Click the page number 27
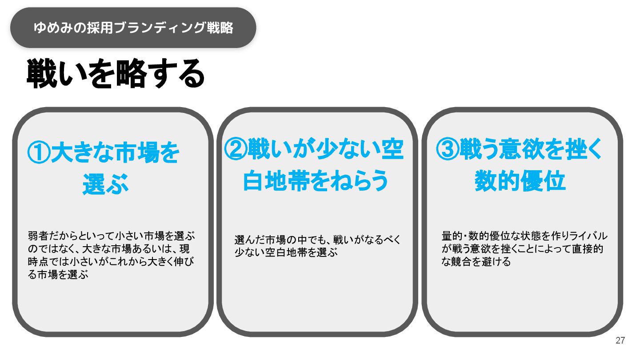coord(620,341)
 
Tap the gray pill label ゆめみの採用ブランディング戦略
coord(133,28)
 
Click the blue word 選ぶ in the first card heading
coord(105,184)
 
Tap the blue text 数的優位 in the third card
coord(520,181)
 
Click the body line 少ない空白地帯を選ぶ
coord(286,253)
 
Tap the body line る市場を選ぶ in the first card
coord(59,275)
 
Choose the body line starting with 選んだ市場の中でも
coord(317,240)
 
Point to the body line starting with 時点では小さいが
coord(111,262)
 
